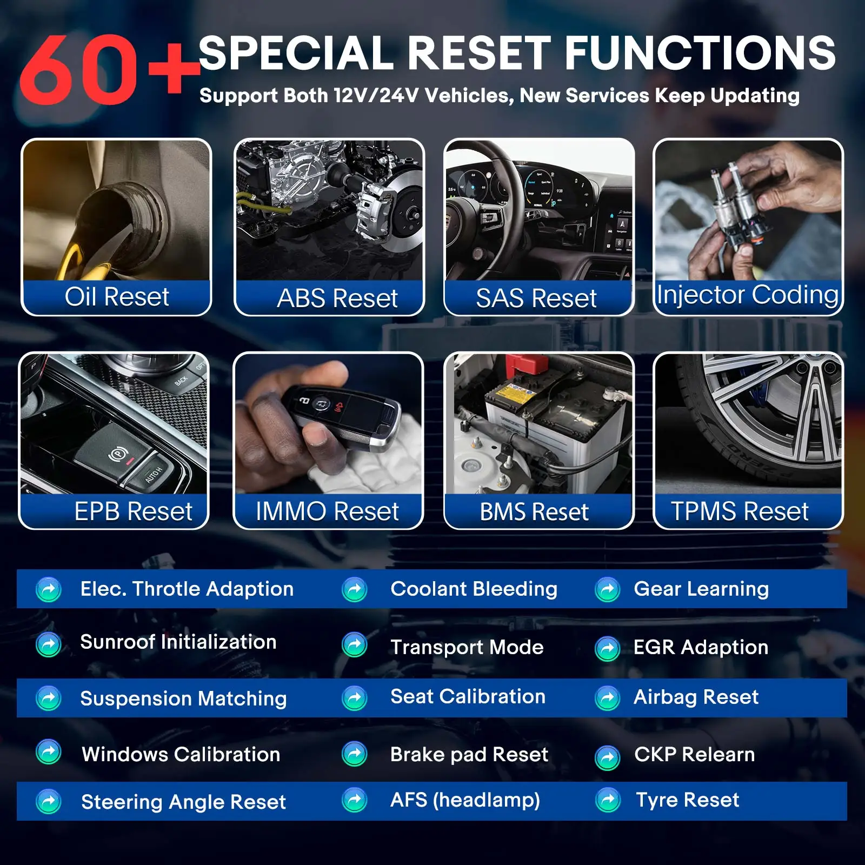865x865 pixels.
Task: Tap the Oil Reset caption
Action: (117, 297)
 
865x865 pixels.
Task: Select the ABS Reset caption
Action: (337, 298)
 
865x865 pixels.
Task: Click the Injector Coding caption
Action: (748, 295)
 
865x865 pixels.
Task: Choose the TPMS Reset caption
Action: (740, 511)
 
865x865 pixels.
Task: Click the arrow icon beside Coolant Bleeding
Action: (355, 589)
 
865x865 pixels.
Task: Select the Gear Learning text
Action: (701, 589)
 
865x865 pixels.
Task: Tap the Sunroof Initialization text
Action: (178, 642)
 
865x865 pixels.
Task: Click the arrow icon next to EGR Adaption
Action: (607, 649)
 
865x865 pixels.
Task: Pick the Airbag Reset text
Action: (696, 697)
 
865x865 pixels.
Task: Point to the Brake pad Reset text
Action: (469, 754)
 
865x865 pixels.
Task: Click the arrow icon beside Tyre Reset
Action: (608, 800)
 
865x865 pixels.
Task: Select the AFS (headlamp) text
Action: (465, 800)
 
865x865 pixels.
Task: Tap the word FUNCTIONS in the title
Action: (700, 52)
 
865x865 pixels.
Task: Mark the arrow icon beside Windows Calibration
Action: (49, 752)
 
